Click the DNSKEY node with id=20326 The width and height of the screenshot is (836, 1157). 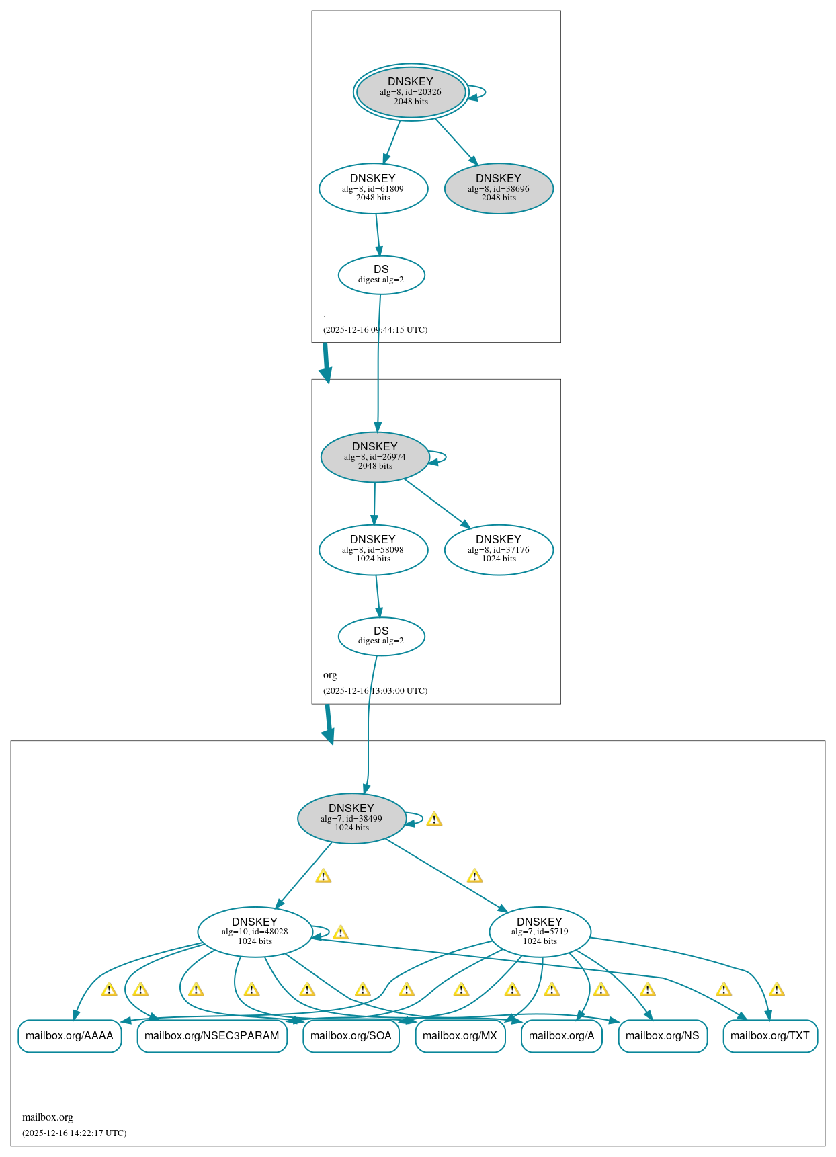411,92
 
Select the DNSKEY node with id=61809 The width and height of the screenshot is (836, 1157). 373,188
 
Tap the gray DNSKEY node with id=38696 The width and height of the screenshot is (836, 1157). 499,188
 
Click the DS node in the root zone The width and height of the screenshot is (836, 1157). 381,274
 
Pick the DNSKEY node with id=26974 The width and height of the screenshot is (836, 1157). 375,456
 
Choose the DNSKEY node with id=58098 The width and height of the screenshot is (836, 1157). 373,549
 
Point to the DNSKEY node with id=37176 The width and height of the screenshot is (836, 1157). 499,549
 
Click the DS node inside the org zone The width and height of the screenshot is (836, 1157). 381,636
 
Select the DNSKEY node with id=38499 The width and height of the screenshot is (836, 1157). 351,818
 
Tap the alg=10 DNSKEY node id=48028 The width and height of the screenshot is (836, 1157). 255,932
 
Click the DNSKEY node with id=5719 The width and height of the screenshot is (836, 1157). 540,932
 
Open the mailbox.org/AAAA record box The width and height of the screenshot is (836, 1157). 69,1036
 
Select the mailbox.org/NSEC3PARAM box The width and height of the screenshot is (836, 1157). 212,1036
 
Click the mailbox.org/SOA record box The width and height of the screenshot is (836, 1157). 351,1036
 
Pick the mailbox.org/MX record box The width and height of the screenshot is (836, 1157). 460,1036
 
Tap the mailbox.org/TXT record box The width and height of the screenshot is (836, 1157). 769,1036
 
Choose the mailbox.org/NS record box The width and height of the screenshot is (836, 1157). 662,1036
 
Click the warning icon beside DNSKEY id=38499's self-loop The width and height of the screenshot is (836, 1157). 434,819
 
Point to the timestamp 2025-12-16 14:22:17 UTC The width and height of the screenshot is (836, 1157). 74,1133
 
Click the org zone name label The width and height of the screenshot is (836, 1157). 330,675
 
